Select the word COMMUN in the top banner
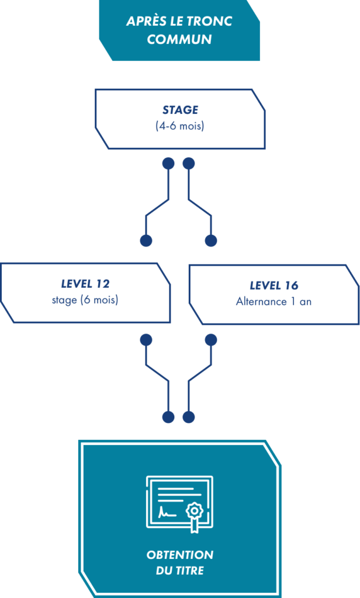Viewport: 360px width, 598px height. [x=179, y=39]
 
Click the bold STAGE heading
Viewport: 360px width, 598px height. [x=180, y=110]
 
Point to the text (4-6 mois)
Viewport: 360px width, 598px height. [x=180, y=126]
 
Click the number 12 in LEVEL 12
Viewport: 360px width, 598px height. [x=103, y=284]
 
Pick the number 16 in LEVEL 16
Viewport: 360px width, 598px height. [x=291, y=286]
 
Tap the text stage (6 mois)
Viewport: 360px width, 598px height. [x=85, y=300]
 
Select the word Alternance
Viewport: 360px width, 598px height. [x=261, y=302]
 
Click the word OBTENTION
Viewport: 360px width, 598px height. [x=180, y=555]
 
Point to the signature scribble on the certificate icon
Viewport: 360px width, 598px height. [x=167, y=512]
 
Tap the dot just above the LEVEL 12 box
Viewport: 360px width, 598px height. [x=146, y=241]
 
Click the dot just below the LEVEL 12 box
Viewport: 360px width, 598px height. [x=146, y=340]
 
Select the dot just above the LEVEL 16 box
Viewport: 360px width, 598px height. [x=211, y=241]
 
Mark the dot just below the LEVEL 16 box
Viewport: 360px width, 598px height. [x=211, y=340]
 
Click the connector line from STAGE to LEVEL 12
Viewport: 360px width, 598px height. [x=157, y=207]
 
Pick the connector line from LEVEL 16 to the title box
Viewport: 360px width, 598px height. [x=200, y=373]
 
